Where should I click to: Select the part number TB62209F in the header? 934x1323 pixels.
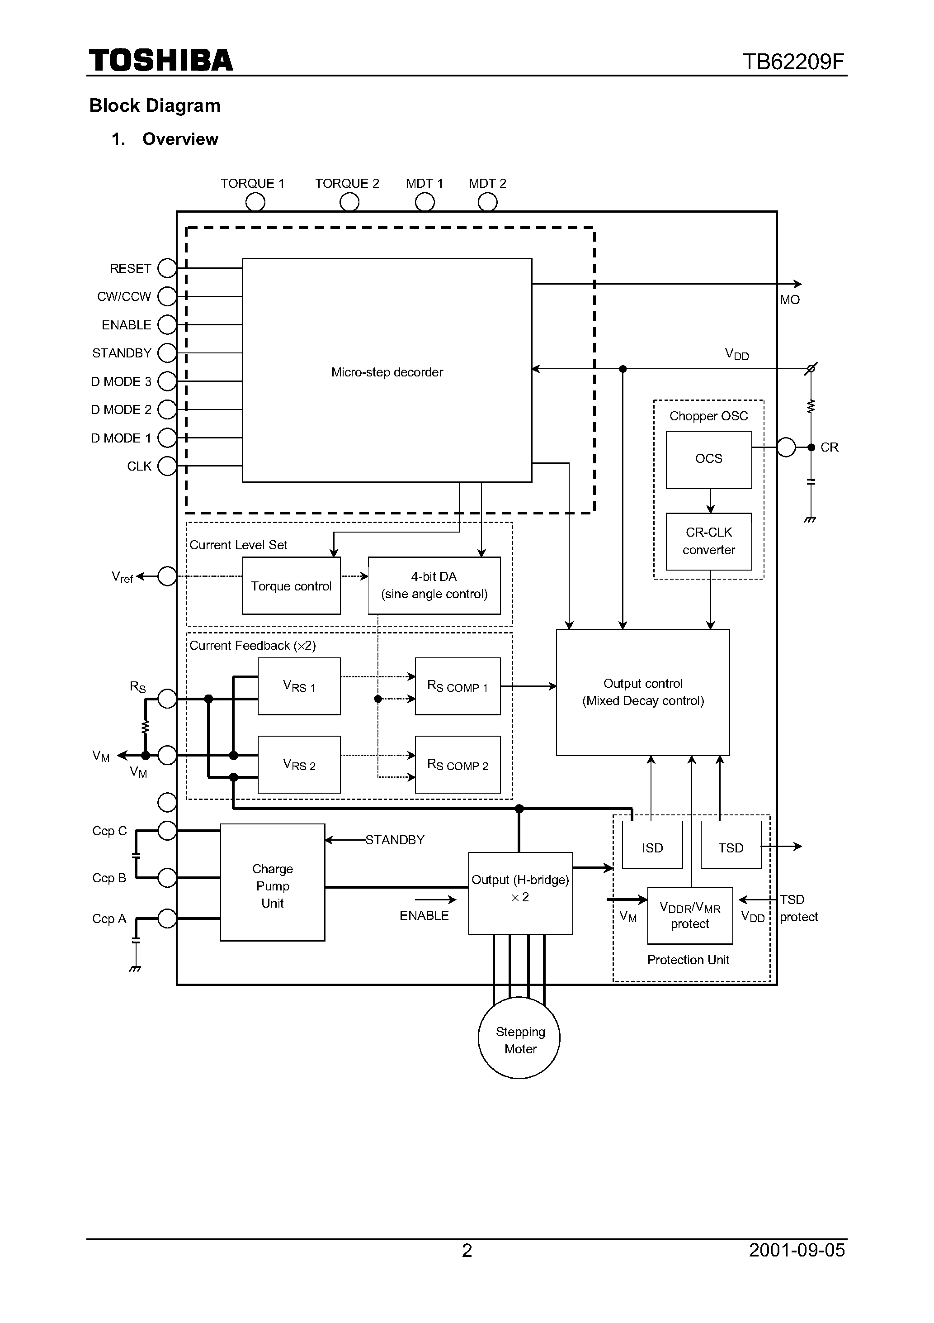tap(793, 62)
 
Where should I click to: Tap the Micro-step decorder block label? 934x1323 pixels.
tap(387, 372)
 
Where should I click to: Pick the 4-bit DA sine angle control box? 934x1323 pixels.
tap(434, 585)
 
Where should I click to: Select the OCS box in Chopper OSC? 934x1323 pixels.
tap(708, 459)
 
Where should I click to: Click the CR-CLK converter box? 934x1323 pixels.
tap(708, 541)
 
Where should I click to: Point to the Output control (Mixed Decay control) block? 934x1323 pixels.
tap(642, 692)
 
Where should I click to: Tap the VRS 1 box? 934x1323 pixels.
tap(299, 686)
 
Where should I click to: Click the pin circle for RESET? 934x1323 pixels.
tap(167, 268)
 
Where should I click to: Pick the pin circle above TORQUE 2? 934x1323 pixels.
tap(349, 202)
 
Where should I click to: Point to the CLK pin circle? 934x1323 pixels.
tap(167, 466)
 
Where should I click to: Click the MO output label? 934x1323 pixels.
tap(789, 300)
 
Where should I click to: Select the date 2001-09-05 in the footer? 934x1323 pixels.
tap(797, 1250)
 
